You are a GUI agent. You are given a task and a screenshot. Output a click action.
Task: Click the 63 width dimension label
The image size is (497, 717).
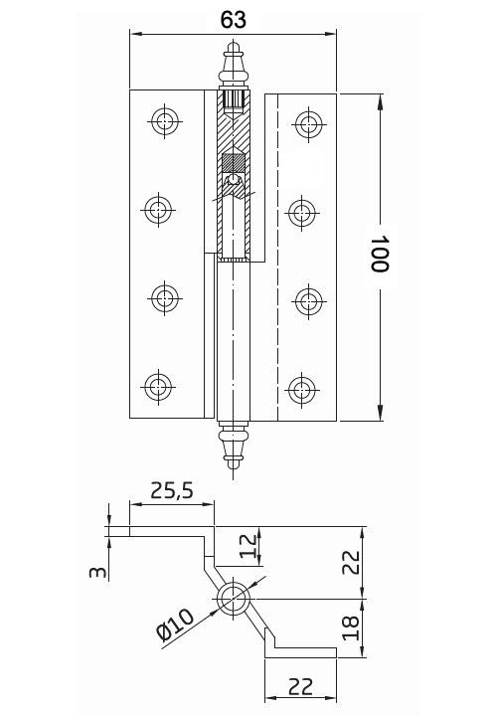click(x=234, y=20)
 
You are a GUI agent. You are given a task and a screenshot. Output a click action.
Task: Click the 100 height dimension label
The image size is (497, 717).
click(x=379, y=255)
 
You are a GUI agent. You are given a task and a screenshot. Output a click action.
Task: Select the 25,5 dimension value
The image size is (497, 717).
click(x=172, y=490)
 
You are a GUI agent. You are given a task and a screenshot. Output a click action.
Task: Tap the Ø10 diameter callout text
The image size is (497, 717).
click(x=175, y=625)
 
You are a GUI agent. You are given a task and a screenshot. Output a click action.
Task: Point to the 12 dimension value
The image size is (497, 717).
click(x=248, y=546)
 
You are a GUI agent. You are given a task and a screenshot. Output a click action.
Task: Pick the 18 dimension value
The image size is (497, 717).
click(x=351, y=627)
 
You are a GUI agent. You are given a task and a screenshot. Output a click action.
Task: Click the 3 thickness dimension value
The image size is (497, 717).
click(x=97, y=572)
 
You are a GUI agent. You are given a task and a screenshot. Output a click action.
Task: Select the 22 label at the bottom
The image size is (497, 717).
click(x=301, y=686)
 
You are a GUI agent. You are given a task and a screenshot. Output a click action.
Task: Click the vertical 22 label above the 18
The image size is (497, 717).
click(x=351, y=562)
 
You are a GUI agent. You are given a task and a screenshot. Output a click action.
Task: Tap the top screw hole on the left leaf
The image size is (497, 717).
click(x=165, y=121)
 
